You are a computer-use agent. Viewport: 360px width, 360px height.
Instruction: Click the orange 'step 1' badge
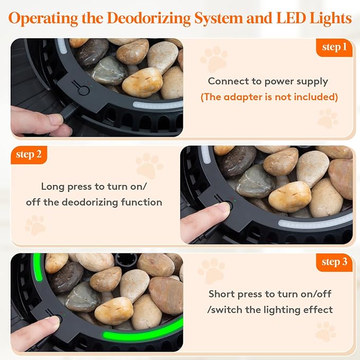[334, 48]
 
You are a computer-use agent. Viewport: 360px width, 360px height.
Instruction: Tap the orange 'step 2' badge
[29, 155]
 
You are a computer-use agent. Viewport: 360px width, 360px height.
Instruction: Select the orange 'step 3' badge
[334, 262]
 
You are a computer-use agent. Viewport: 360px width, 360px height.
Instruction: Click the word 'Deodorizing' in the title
[149, 19]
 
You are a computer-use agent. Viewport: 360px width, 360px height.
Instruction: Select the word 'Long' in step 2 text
[53, 187]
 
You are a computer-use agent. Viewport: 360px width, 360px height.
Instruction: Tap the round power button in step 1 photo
[84, 91]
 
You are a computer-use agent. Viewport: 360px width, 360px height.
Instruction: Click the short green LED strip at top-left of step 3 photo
[38, 267]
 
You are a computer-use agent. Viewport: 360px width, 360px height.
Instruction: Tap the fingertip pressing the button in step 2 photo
[221, 208]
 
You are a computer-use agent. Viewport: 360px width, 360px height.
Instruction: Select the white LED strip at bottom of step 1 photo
[158, 104]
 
